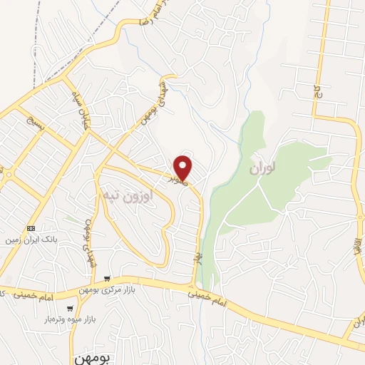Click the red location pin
click(183, 166)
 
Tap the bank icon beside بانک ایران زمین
click(30, 228)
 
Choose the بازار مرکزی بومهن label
click(106, 287)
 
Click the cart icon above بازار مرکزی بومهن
click(106, 278)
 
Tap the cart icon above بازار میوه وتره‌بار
click(69, 308)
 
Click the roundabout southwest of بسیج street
click(9, 174)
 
